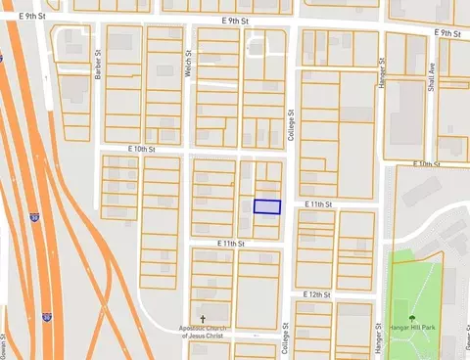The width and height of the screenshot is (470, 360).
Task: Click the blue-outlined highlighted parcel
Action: pyautogui.click(x=267, y=206)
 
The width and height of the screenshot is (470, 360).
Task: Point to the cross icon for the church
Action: pyautogui.click(x=203, y=319)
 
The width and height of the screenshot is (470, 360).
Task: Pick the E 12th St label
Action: pyautogui.click(x=318, y=293)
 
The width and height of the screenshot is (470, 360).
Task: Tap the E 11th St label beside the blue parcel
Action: pyautogui.click(x=319, y=203)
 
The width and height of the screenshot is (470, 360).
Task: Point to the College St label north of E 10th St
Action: pyautogui.click(x=291, y=126)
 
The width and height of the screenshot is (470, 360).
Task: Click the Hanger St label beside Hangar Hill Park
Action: pyautogui.click(x=376, y=338)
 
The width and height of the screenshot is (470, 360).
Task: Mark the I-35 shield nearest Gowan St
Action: pyautogui.click(x=46, y=318)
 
